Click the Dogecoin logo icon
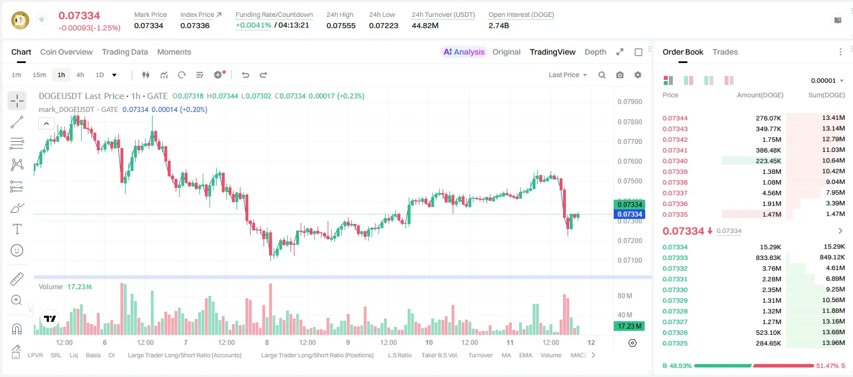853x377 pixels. (20, 20)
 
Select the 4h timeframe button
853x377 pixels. (80, 75)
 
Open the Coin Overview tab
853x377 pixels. (66, 52)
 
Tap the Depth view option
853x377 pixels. (595, 52)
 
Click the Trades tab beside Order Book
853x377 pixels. (725, 52)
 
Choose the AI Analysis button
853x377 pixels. (464, 52)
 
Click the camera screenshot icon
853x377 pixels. (620, 75)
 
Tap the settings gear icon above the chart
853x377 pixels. (638, 75)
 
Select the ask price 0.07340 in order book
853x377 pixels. (675, 161)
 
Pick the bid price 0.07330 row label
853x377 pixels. (675, 290)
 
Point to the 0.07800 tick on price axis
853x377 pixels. (629, 122)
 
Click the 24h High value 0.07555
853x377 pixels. (341, 25)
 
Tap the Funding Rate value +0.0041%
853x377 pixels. (253, 25)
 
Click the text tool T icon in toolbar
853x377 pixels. (17, 229)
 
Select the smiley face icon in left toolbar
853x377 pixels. (17, 250)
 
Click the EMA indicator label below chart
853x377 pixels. (525, 355)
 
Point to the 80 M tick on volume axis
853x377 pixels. (624, 295)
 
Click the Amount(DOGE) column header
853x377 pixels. (760, 95)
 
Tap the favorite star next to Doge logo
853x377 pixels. (42, 19)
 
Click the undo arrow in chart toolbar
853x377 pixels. (245, 75)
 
